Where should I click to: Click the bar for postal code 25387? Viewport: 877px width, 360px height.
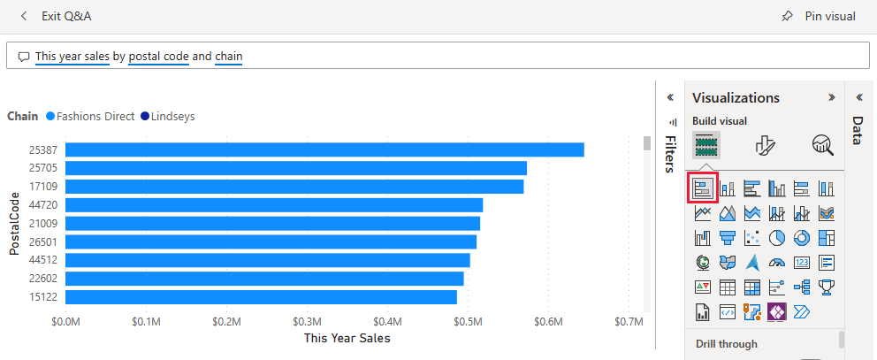324,149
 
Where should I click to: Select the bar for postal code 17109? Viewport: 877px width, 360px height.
294,187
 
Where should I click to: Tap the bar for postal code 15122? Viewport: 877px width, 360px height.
261,297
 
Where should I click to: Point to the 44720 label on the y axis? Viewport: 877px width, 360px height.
42,205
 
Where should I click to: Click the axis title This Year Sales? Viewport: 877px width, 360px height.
347,338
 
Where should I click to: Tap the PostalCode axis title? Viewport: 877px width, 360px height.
14,223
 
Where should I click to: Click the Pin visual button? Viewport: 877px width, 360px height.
819,16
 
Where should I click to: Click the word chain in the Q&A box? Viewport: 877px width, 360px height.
228,57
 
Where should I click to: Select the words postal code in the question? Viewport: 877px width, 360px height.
159,57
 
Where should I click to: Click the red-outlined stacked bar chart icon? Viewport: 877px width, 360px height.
704,188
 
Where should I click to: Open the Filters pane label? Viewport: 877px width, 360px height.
670,154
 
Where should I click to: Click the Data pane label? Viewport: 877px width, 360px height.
858,130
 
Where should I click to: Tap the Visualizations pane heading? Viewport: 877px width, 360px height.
736,97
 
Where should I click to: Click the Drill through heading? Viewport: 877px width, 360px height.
727,343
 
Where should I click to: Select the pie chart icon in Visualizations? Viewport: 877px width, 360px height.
777,238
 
